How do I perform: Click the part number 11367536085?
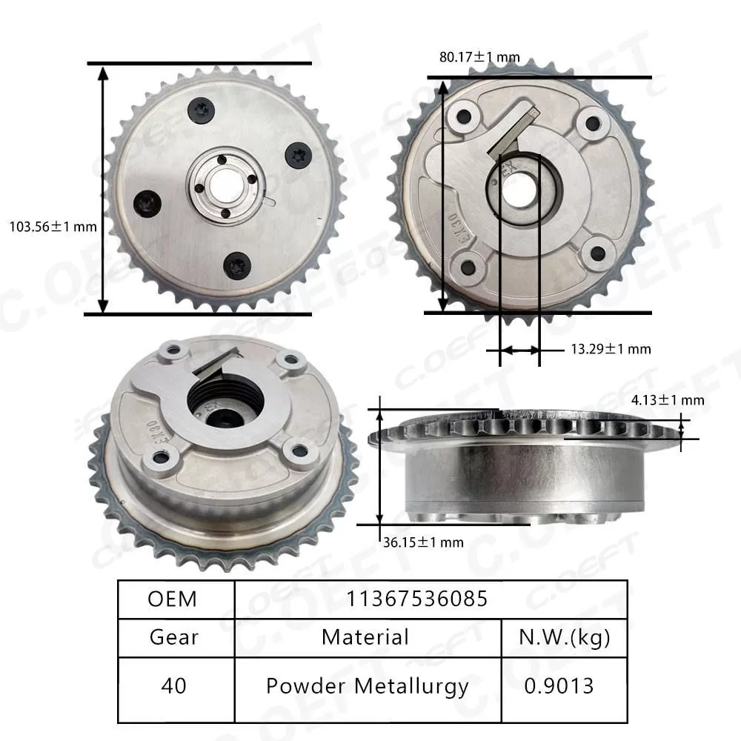[x=417, y=599]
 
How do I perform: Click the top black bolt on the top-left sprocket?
[x=201, y=110]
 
